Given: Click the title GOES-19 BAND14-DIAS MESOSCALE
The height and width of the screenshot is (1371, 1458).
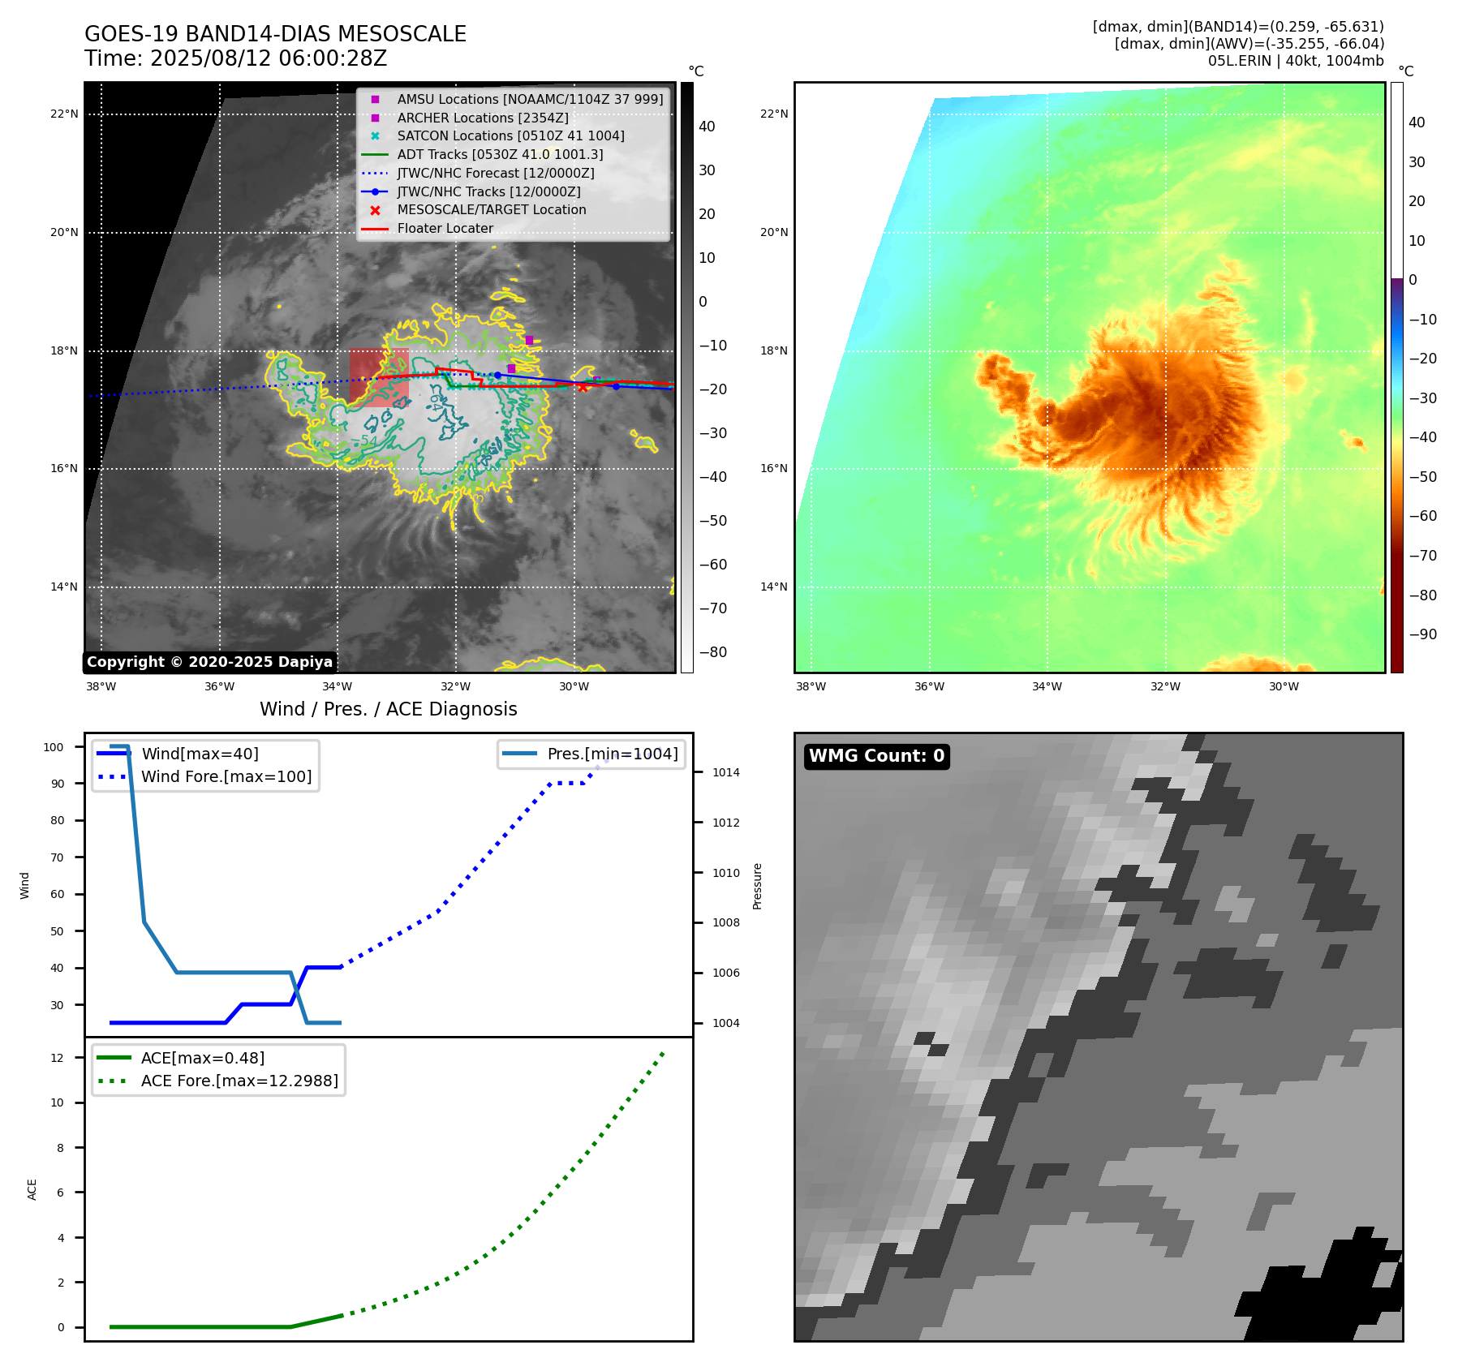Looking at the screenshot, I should pyautogui.click(x=275, y=34).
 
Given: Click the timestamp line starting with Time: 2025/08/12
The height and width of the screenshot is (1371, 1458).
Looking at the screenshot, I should pyautogui.click(x=235, y=58).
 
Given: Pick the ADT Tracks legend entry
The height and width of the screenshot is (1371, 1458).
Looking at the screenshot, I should pyautogui.click(x=500, y=154).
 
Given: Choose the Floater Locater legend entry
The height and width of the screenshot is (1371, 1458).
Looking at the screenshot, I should pyautogui.click(x=445, y=228).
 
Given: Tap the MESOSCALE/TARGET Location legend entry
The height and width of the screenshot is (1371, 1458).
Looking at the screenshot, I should pyautogui.click(x=491, y=209).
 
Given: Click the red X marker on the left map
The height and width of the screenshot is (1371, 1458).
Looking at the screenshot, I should pyautogui.click(x=583, y=387).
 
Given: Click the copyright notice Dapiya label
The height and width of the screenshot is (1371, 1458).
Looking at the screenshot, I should pyautogui.click(x=209, y=662).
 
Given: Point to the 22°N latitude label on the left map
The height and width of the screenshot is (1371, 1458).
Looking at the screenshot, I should pyautogui.click(x=64, y=114).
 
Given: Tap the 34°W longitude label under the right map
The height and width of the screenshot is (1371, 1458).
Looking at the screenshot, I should pyautogui.click(x=1047, y=686).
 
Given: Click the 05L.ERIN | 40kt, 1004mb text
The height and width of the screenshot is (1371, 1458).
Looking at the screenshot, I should pyautogui.click(x=1296, y=61).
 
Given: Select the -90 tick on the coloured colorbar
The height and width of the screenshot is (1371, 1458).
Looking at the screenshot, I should pyautogui.click(x=1422, y=634).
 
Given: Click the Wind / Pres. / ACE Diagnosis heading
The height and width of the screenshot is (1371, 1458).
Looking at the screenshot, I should pyautogui.click(x=388, y=709).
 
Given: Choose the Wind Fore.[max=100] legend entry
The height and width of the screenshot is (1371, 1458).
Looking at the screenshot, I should pyautogui.click(x=226, y=776).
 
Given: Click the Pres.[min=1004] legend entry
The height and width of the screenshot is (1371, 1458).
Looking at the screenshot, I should pyautogui.click(x=612, y=754).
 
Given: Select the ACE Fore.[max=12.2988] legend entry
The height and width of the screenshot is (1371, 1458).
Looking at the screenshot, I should pyautogui.click(x=239, y=1081).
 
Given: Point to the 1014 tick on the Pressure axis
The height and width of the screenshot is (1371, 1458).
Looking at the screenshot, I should pyautogui.click(x=725, y=772).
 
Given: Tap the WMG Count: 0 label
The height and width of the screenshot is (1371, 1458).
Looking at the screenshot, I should pyautogui.click(x=876, y=756).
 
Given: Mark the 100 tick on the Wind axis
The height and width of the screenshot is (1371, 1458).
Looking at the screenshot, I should pyautogui.click(x=54, y=747).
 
